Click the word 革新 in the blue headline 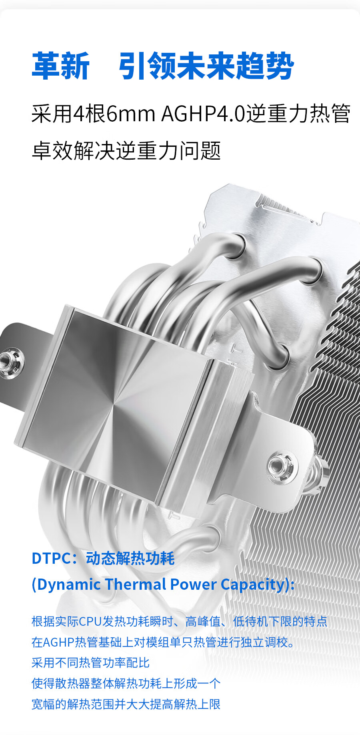tap(61, 66)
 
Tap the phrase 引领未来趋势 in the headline tap(206, 66)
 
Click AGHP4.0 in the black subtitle tap(203, 114)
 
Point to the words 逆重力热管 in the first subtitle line tap(298, 114)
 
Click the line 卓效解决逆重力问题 tap(126, 151)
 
